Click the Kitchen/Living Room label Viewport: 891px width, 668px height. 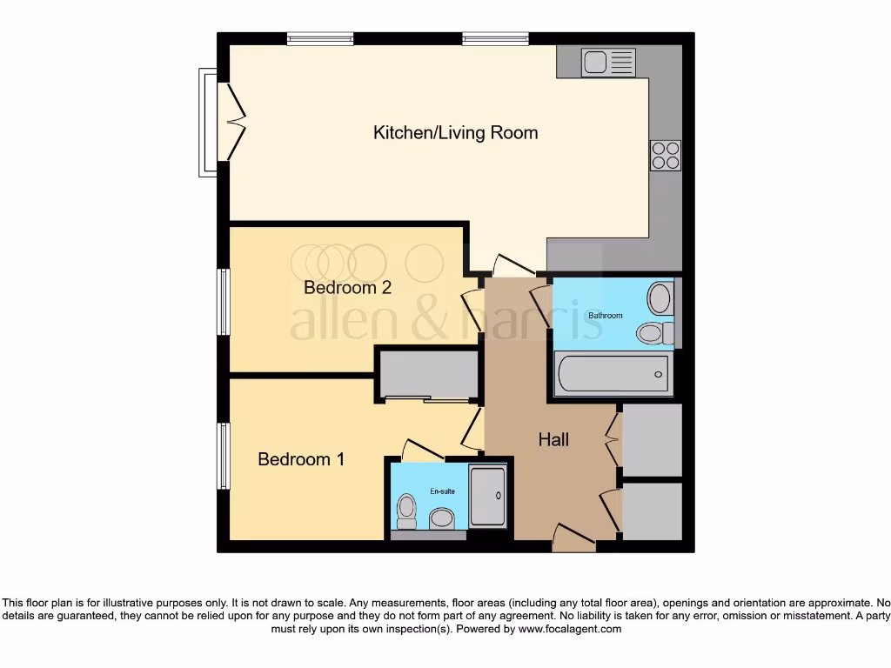click(455, 133)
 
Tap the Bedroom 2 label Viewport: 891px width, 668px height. click(347, 288)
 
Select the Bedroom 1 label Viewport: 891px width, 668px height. click(301, 459)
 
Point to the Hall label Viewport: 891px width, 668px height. click(553, 440)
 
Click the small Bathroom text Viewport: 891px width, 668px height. click(606, 315)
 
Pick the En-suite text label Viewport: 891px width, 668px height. click(442, 491)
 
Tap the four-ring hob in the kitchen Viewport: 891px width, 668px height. click(666, 155)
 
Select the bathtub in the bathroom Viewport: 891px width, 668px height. click(613, 373)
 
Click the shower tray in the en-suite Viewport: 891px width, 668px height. click(487, 496)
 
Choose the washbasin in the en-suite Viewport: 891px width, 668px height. click(442, 519)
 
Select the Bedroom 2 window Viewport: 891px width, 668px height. click(224, 302)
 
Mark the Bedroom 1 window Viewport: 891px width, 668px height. click(224, 456)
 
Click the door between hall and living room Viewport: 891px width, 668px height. click(509, 264)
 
